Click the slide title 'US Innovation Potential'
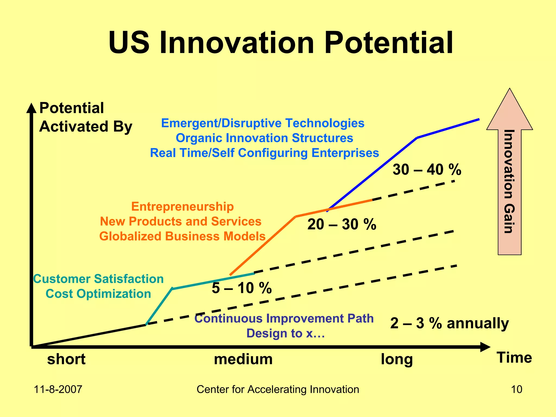pos(281,43)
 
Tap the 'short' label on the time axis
pos(66,359)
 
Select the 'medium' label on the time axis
pos(243,359)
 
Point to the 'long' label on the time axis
pos(397,359)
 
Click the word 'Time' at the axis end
pos(514,358)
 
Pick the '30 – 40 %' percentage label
pos(427,170)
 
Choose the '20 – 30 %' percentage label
pos(342,225)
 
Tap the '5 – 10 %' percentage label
pos(242,288)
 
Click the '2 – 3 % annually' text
pos(449,323)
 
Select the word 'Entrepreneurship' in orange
pos(182,207)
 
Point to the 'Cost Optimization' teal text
pos(98,294)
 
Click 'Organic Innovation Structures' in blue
pos(264,138)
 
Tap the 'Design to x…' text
pos(286,333)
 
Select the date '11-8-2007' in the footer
pos(58,389)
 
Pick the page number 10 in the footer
pos(516,389)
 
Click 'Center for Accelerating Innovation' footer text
pos(278,389)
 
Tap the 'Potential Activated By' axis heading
pos(86,117)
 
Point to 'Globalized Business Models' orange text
pos(182,236)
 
